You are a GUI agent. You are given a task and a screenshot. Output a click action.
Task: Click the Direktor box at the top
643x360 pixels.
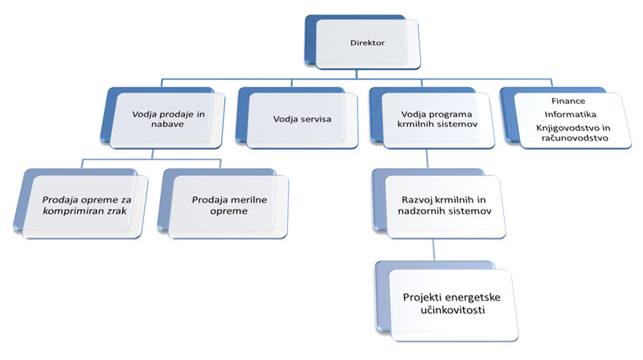tap(367, 43)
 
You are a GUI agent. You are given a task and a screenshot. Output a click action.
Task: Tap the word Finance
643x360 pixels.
tap(568, 100)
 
